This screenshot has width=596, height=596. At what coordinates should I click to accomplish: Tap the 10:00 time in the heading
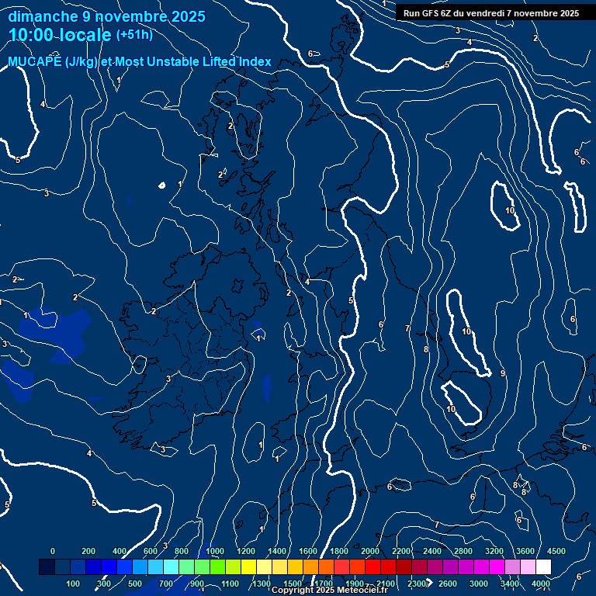[x=30, y=35]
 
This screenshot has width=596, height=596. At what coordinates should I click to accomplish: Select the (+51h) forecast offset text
[x=134, y=35]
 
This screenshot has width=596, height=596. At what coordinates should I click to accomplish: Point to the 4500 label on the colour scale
[x=556, y=551]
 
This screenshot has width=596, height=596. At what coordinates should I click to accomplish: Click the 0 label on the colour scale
[x=53, y=551]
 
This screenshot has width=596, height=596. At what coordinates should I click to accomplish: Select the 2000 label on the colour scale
[x=370, y=551]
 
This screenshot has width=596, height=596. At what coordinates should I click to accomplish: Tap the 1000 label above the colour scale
[x=215, y=551]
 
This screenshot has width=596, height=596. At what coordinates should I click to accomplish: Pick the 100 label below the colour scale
[x=73, y=584]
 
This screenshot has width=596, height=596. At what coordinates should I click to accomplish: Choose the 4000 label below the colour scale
[x=541, y=584]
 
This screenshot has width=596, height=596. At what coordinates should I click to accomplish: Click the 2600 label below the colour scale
[x=448, y=584]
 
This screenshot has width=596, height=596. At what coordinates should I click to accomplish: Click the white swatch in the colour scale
[x=543, y=567]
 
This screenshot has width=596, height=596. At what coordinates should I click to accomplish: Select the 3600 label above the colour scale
[x=525, y=551]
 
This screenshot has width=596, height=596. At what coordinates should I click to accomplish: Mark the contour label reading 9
[x=503, y=374]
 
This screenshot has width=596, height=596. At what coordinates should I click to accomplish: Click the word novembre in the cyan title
[x=130, y=16]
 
